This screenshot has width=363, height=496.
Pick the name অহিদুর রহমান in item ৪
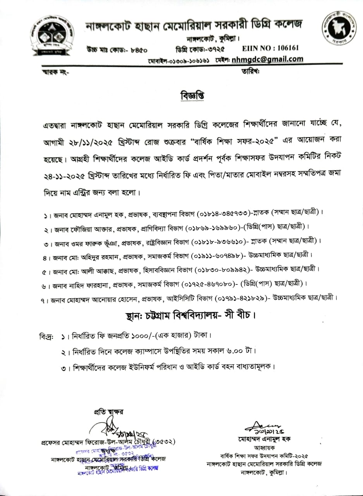pyautogui.click(x=91, y=255)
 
